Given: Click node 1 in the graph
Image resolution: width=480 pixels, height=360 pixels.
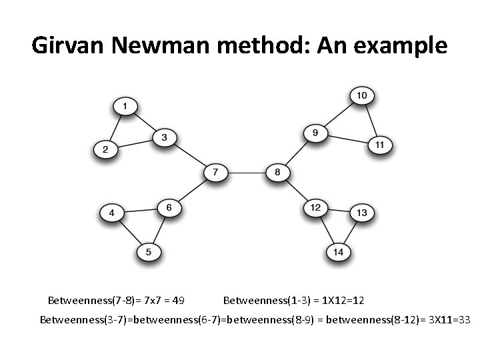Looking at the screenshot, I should [x=125, y=105].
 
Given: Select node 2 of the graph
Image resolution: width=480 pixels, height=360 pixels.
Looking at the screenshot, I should [x=105, y=149].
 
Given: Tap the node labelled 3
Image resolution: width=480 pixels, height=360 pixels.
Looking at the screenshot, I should [x=164, y=138].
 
